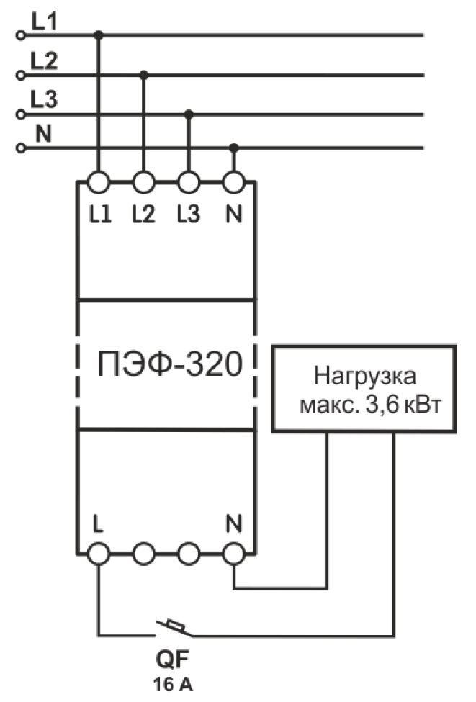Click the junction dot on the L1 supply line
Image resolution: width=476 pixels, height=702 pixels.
point(99,35)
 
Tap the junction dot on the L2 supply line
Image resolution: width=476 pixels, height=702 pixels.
point(144,74)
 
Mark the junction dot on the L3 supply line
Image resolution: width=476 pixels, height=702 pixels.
point(189,114)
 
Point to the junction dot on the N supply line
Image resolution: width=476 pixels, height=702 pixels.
point(233,148)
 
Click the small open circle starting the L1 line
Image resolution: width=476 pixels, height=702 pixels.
point(20,35)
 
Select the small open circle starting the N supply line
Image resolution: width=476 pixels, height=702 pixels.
point(20,148)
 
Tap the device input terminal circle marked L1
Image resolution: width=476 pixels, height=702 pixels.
point(99,182)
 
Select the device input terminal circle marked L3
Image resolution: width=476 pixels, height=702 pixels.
point(189,182)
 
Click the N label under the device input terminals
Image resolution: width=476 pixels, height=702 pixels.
point(233,214)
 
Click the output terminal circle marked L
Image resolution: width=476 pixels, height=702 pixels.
point(99,553)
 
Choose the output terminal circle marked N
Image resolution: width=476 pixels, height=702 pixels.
point(233,553)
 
